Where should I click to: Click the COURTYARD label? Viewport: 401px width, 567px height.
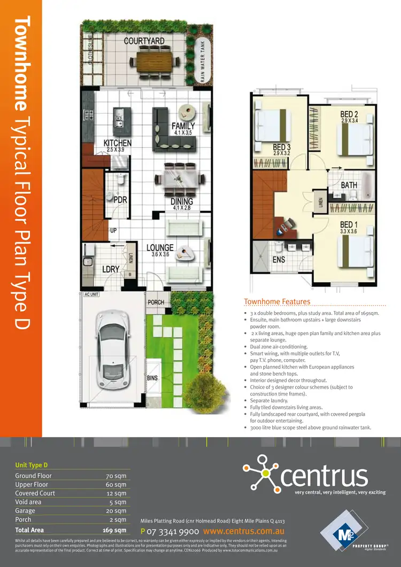click(144, 41)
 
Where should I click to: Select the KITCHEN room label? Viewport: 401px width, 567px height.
click(117, 143)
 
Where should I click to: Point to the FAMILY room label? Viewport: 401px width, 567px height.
click(183, 126)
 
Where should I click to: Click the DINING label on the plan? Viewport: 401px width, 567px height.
click(182, 201)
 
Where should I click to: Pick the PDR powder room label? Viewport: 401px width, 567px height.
click(119, 199)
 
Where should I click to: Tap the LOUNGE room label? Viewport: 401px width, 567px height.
click(160, 248)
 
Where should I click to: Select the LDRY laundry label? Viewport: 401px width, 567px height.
click(111, 270)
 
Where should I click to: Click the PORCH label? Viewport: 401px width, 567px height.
click(156, 302)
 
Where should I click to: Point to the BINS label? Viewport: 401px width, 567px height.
click(152, 378)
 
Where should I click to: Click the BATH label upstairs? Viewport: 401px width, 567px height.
click(349, 185)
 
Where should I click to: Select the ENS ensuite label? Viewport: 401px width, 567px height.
click(279, 260)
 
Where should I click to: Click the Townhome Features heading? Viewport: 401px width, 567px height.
click(276, 302)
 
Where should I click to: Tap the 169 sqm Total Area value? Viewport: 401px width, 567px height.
click(114, 530)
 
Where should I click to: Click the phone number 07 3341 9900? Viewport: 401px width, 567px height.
click(173, 532)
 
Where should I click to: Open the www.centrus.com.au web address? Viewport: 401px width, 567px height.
click(243, 532)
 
